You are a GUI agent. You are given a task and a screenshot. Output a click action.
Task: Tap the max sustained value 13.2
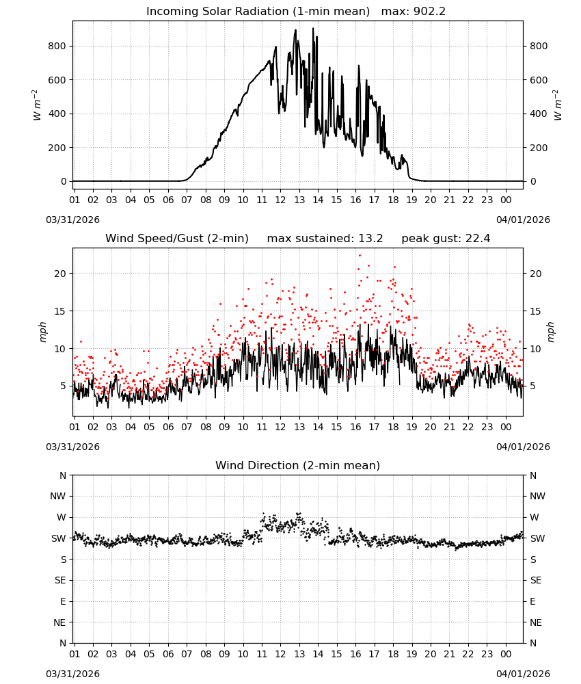(370, 239)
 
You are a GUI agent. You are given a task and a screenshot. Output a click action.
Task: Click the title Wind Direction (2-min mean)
(298, 465)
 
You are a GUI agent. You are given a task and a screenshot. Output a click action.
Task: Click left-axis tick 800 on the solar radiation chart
(57, 47)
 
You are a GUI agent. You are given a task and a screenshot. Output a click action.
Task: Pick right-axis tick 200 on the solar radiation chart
(539, 148)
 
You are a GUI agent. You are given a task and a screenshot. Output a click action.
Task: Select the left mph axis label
(42, 332)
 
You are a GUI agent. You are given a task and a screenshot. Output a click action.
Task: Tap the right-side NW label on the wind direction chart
(537, 496)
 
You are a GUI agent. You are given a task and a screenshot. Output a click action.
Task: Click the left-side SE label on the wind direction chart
(60, 580)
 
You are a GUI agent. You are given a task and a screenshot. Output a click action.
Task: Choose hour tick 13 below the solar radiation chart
(299, 200)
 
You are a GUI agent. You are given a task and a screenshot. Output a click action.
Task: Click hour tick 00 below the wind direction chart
(506, 654)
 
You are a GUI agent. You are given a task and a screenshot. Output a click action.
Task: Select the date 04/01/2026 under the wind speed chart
(523, 447)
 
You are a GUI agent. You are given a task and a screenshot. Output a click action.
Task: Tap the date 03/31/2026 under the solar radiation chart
(72, 220)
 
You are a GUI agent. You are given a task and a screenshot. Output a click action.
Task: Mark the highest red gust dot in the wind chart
(360, 255)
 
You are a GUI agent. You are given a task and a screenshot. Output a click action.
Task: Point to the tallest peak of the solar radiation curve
(313, 28)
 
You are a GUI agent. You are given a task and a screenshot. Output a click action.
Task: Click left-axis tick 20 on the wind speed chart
(60, 274)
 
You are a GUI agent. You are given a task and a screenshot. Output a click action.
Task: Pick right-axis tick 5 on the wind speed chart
(532, 386)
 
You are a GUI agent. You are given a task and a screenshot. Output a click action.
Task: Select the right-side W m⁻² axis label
(558, 105)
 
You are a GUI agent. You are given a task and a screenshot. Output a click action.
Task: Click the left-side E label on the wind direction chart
(63, 601)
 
